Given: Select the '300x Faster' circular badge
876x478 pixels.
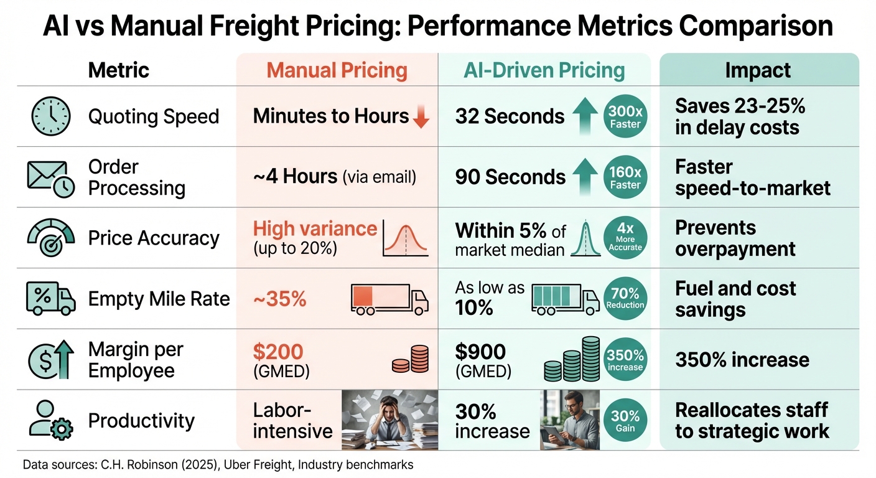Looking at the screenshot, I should click(x=625, y=116).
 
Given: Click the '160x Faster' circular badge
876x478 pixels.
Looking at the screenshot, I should click(x=625, y=177).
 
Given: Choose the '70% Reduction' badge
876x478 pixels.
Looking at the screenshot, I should click(x=625, y=298).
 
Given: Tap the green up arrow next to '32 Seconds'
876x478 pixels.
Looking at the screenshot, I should click(x=585, y=116).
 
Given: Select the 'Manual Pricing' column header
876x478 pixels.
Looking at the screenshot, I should click(x=337, y=70).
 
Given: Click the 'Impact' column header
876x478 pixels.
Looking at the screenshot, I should click(x=758, y=70).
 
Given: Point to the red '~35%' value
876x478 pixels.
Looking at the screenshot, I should click(x=279, y=299).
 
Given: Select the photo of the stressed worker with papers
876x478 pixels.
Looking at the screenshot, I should click(x=389, y=419).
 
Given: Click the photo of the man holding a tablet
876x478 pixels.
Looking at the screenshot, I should click(x=570, y=419).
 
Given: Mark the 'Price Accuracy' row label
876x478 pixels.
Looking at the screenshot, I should click(x=154, y=238).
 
